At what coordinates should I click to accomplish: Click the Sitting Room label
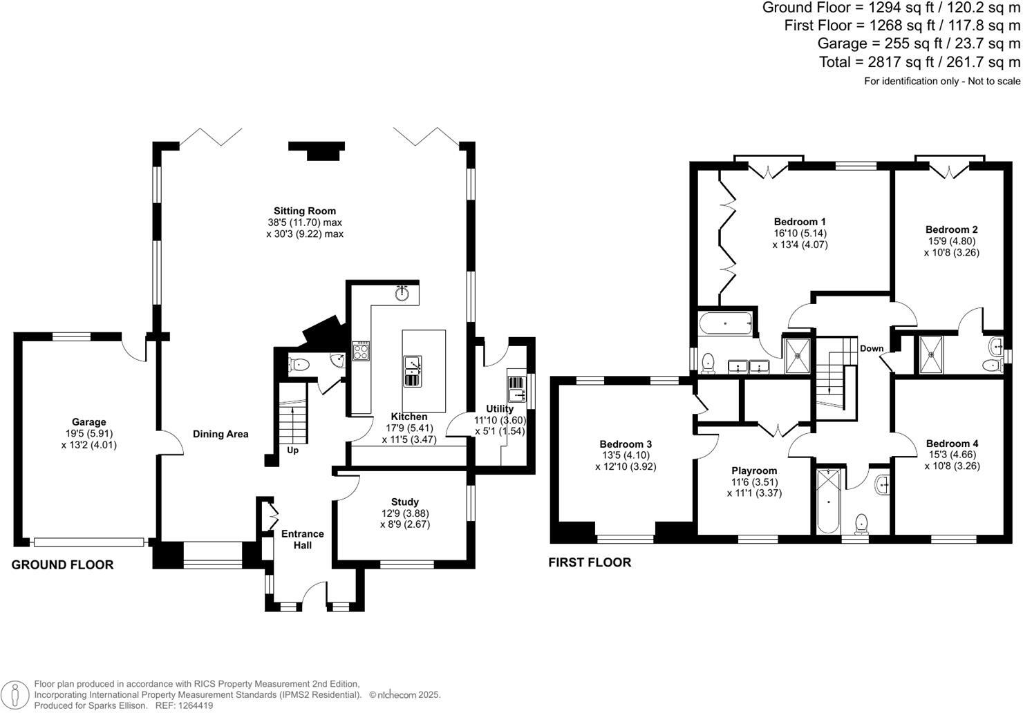tap(305, 211)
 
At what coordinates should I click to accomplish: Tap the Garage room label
tap(89, 421)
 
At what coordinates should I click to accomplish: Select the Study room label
tap(404, 502)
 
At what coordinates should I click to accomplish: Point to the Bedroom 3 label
tap(625, 444)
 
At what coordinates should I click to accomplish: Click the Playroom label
tap(754, 470)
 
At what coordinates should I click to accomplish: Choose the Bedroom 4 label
tap(952, 443)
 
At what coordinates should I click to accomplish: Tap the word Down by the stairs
tap(871, 348)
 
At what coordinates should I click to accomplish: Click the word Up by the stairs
tap(292, 450)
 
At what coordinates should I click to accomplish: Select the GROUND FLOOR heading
tap(62, 564)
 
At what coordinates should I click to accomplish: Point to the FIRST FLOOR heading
tap(590, 562)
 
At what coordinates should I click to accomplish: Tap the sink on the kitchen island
tap(413, 371)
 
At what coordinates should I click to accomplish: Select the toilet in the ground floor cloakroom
tap(299, 364)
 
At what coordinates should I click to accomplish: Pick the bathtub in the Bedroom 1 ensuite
tap(725, 323)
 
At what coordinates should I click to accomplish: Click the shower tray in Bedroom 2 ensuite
tap(932, 353)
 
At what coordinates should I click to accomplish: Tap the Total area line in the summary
tap(919, 62)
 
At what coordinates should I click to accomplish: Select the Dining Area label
tap(220, 434)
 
